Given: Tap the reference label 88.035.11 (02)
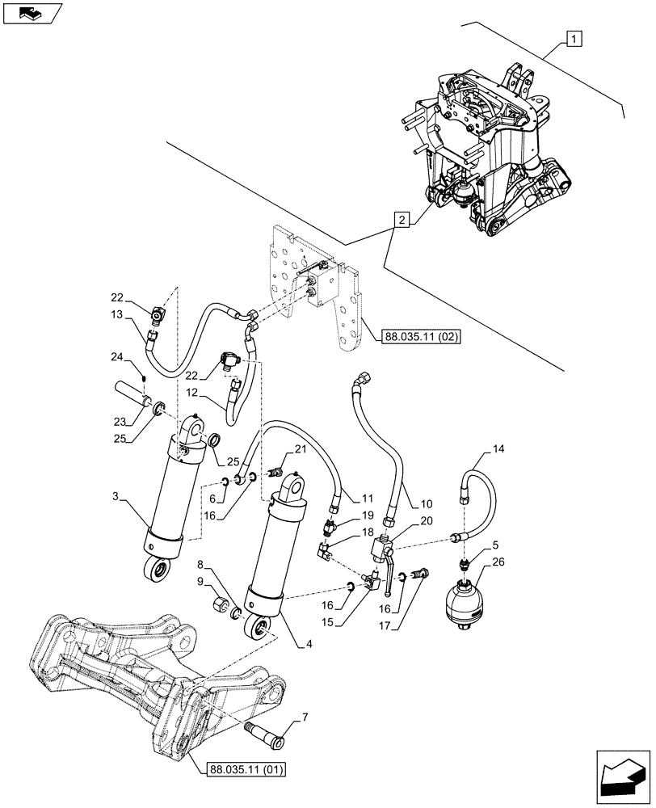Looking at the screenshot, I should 418,336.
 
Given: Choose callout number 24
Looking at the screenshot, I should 117,356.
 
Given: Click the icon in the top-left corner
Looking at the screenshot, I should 30,12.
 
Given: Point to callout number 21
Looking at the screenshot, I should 300,449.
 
